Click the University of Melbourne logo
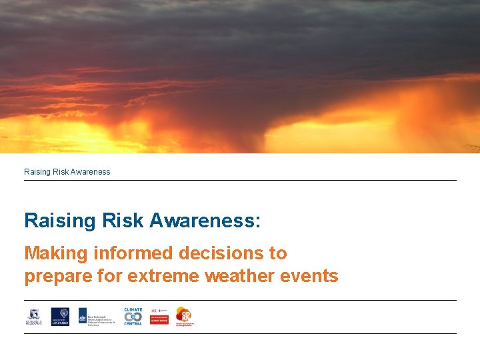pos(33,316)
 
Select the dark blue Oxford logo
pos(60,316)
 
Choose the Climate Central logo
pos(133,316)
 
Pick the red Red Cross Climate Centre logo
pos(159,316)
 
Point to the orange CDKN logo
pos(184,316)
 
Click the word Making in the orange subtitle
pos(55,253)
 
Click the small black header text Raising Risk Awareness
pos(67,172)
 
